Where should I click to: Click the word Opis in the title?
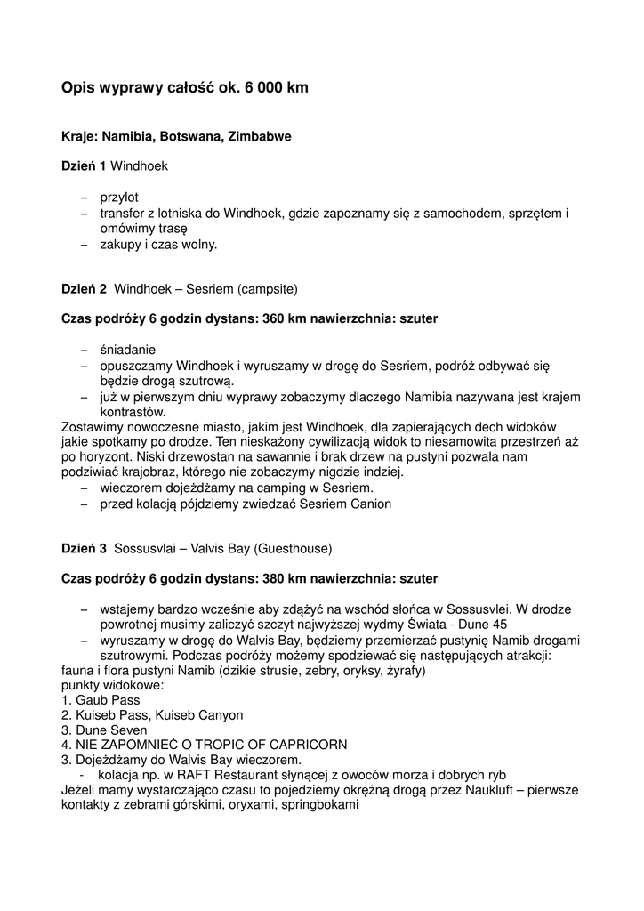[x=78, y=88]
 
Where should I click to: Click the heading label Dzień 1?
[x=84, y=166]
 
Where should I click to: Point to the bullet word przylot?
[x=119, y=198]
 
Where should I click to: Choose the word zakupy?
[x=120, y=244]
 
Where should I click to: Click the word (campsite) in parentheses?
[x=267, y=289]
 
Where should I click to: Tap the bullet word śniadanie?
[x=127, y=350]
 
